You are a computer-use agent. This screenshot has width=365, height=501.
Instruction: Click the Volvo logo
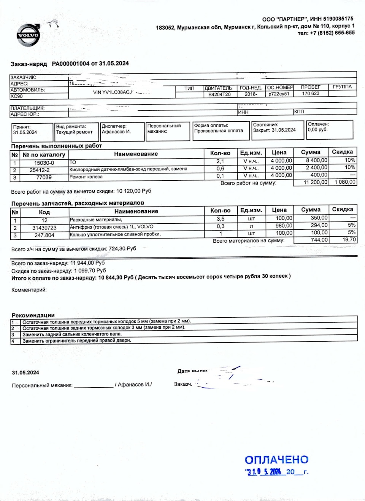29,35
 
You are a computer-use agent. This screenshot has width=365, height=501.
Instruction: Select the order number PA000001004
70,64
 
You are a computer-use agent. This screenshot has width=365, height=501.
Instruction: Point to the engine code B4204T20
219,94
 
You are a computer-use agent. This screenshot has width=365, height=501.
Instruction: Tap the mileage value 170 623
311,94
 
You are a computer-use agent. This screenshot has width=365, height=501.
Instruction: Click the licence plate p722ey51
279,94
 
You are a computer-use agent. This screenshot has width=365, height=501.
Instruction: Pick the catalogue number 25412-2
40,170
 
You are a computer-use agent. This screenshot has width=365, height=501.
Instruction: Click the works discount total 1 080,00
344,182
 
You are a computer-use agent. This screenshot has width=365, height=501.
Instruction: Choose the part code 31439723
44,228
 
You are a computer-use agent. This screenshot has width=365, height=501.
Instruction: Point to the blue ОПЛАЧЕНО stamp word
276,460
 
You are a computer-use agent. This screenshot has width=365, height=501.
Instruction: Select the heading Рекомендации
33,315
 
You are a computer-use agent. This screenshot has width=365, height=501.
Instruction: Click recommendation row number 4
13,341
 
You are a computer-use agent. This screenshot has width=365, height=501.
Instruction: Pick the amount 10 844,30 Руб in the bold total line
116,278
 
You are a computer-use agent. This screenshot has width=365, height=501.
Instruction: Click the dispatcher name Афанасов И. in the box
116,132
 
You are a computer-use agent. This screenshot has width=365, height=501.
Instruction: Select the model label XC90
17,96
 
